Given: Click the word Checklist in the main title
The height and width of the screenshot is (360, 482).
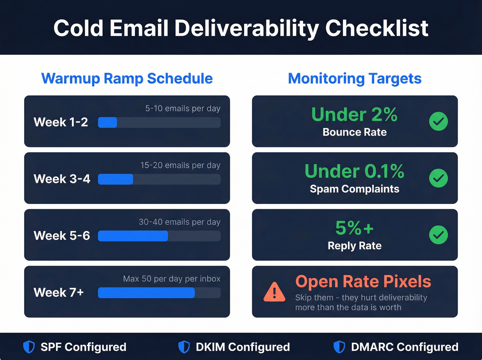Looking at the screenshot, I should [377, 28].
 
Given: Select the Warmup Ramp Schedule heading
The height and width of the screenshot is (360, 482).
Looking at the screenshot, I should [127, 79].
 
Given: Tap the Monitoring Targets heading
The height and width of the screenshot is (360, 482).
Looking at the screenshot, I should [355, 79].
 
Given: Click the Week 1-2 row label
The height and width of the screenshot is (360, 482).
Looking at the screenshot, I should [61, 122].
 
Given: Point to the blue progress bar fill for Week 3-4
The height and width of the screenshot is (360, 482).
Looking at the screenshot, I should [116, 179].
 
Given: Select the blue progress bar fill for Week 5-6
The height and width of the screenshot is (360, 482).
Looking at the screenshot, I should [133, 236].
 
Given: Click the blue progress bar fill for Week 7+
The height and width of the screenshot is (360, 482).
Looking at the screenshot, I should [146, 293].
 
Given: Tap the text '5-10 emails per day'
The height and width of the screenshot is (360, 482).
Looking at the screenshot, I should [183, 109].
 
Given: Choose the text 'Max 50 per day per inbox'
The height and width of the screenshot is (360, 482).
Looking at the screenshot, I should [172, 279].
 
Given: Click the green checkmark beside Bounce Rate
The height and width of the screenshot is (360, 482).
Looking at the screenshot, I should [438, 122].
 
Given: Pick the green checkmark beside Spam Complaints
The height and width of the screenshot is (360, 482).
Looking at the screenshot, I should [438, 178].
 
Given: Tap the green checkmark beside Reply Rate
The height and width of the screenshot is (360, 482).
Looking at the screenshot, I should [438, 235].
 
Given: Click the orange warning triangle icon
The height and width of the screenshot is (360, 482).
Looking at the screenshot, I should [274, 292].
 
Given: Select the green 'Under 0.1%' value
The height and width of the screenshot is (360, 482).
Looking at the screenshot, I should [354, 171].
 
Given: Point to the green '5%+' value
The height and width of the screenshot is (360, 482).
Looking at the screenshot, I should [354, 228].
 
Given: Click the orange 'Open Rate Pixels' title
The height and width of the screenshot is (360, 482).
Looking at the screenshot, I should [363, 281].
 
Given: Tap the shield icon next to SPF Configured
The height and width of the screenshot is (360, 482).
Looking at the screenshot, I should [29, 347].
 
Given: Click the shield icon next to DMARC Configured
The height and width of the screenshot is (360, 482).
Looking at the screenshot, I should [339, 347].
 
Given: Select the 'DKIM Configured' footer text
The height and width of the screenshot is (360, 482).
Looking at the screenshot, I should [243, 347].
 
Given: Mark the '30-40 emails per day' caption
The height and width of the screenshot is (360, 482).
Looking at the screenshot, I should [179, 222].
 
